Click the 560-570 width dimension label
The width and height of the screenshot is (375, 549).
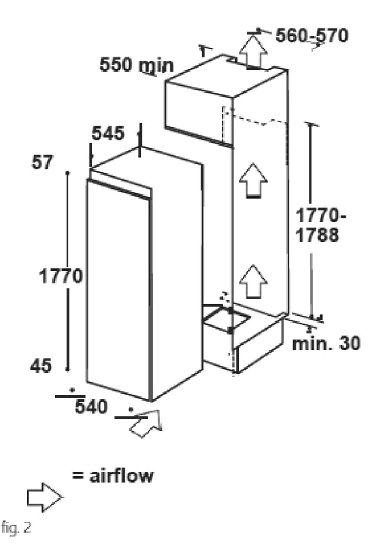tap(311, 36)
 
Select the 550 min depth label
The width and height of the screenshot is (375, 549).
tap(136, 65)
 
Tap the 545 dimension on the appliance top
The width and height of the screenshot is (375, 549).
tap(108, 133)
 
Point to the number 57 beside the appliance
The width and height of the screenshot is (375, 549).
tap(43, 162)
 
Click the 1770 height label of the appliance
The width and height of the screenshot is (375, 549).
tap(60, 276)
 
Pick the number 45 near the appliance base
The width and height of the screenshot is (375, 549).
tap(41, 366)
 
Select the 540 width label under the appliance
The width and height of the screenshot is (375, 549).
tap(91, 407)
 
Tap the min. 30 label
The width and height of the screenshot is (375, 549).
tap(326, 343)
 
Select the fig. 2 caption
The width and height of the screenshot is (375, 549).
tap(16, 527)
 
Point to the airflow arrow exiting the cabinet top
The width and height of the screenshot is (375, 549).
tap(253, 51)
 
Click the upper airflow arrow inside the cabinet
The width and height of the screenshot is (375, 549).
tap(253, 180)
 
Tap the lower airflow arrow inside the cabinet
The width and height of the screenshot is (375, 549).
tap(253, 282)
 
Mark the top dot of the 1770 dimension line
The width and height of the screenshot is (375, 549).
tap(68, 172)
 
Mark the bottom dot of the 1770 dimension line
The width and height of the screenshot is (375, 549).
tap(68, 369)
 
